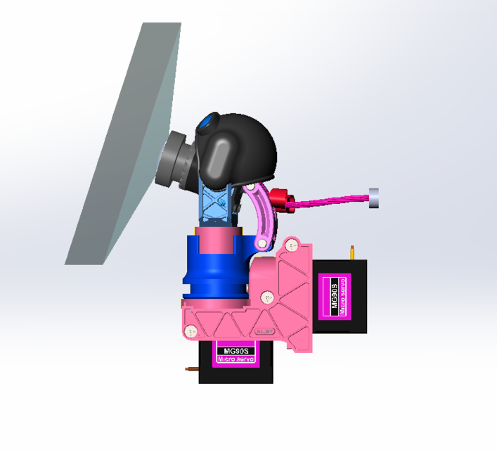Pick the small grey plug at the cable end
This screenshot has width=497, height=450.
(374, 198)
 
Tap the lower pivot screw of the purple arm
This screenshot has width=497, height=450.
(262, 243)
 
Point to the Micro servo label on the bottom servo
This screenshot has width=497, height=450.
(235, 359)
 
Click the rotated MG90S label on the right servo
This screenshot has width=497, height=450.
(334, 295)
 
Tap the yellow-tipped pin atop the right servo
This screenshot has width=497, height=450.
(351, 251)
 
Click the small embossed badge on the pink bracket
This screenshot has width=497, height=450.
(264, 330)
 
